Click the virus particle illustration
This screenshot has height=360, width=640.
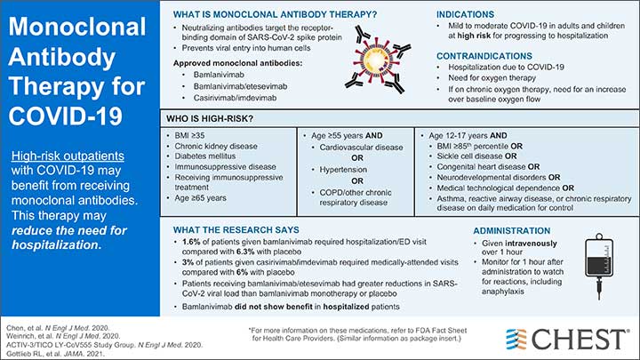click(376, 45)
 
